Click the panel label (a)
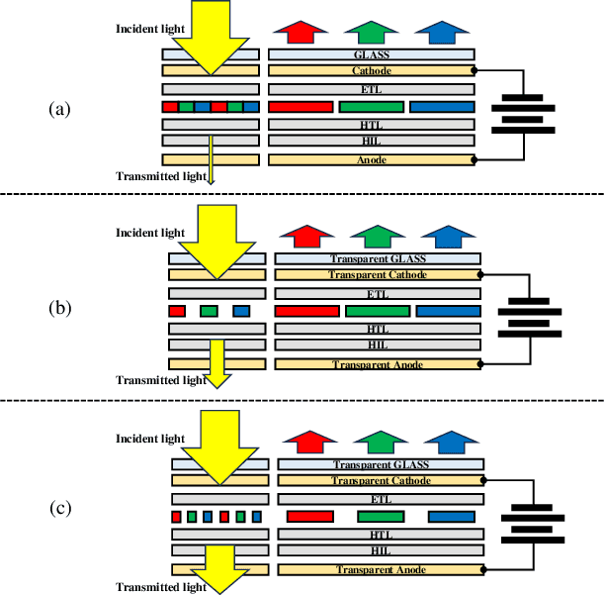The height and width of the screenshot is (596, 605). tap(59, 110)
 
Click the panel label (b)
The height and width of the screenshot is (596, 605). tap(59, 308)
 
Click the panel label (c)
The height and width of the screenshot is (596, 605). tap(59, 509)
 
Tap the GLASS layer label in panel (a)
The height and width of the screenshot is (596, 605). tap(372, 54)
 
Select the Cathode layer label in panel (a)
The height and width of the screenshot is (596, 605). tap(372, 71)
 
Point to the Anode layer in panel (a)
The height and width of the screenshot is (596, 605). tap(372, 159)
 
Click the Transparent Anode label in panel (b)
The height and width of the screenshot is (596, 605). tap(379, 365)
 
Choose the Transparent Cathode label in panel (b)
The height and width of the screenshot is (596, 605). tap(379, 274)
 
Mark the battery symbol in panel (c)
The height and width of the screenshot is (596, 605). tap(533, 523)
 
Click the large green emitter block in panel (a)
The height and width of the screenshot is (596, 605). tap(371, 106)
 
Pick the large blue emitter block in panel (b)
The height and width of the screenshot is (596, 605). tap(448, 311)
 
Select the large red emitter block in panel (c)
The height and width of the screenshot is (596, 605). tap(308, 516)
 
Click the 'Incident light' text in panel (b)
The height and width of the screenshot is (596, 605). tap(149, 233)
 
